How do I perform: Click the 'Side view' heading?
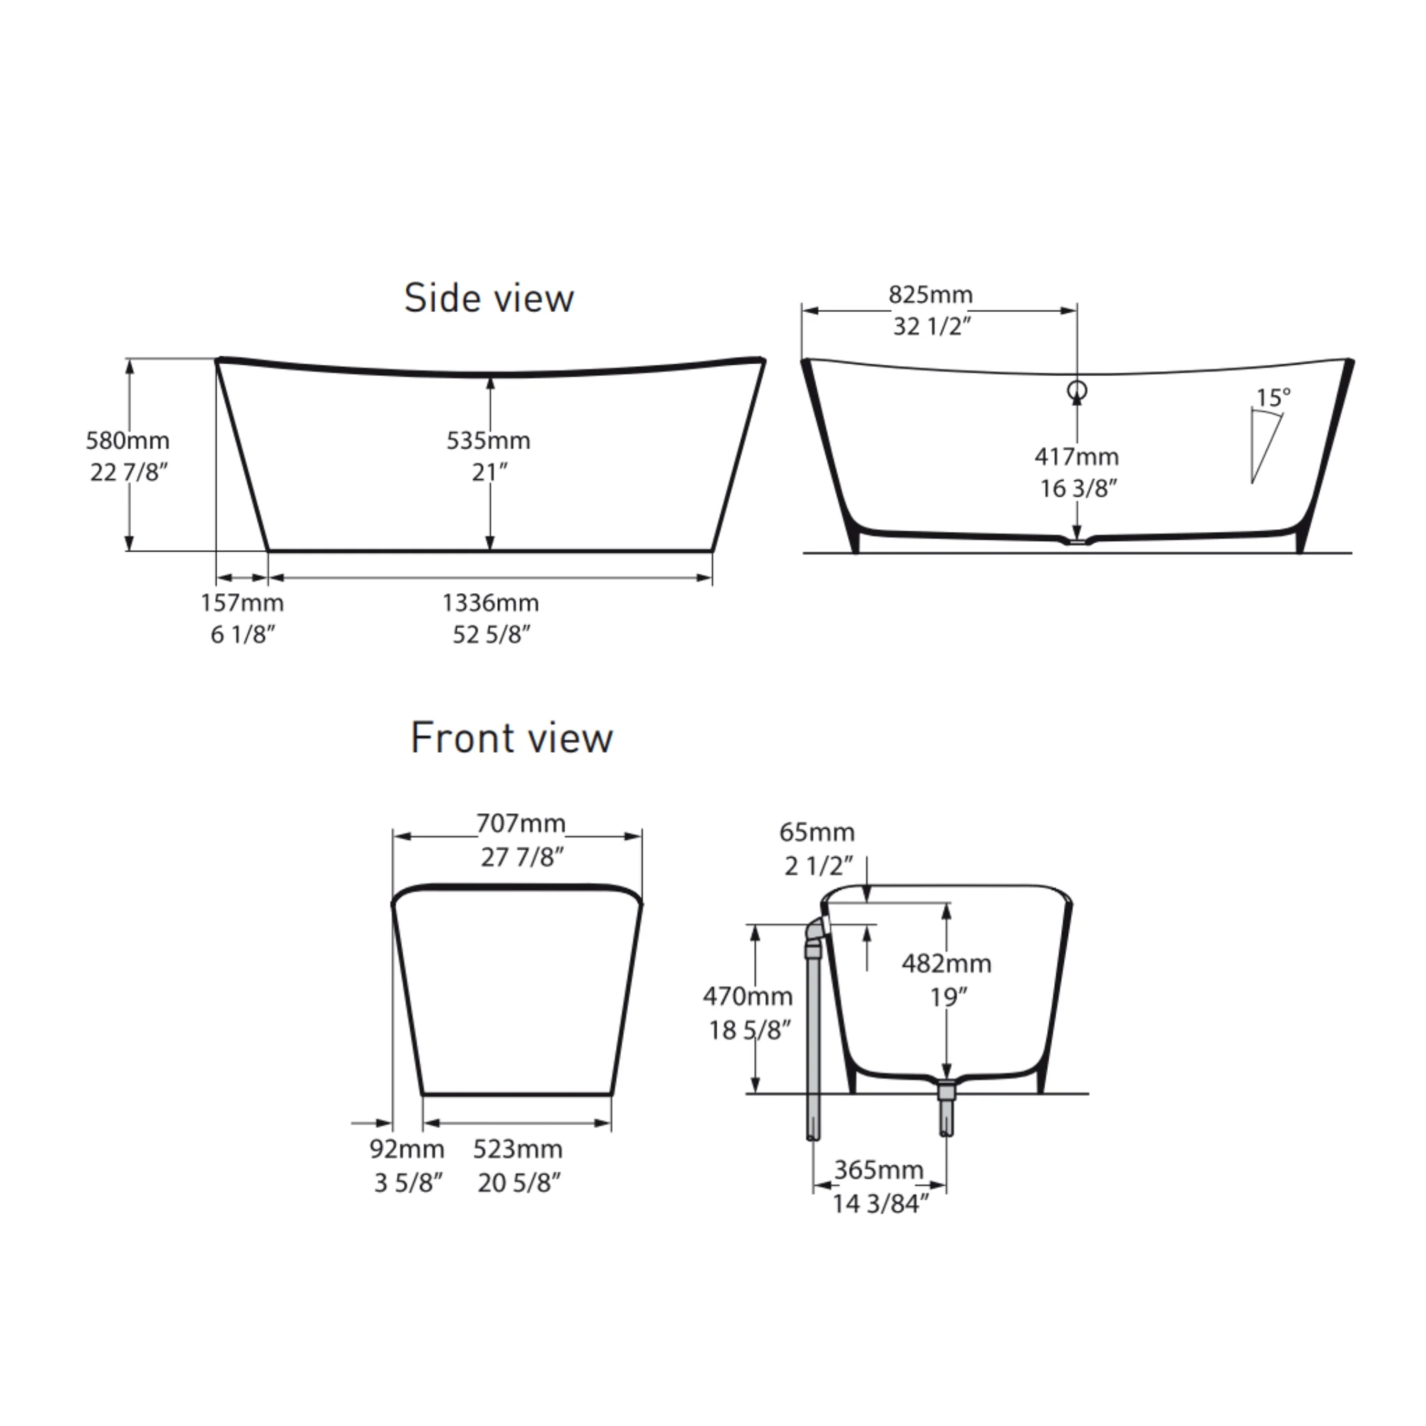pos(489,297)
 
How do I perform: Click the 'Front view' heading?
pos(512,737)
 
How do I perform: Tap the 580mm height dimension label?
pos(127,440)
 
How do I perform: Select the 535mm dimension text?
pos(489,440)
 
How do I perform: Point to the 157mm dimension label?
pos(242,602)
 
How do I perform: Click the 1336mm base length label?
pos(491,602)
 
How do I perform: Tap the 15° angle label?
pos(1274,397)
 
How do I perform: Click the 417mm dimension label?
pos(1077,456)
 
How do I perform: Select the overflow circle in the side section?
pos(1078,390)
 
